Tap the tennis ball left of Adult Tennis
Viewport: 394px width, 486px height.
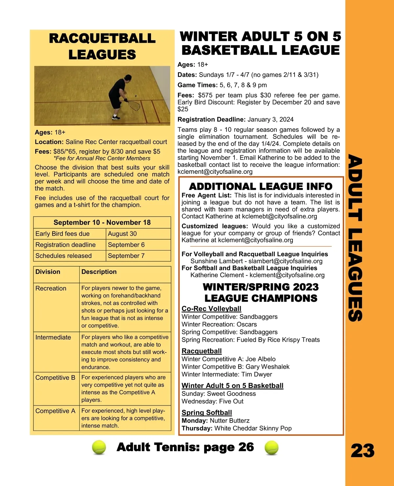99,447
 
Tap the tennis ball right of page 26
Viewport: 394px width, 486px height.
271,447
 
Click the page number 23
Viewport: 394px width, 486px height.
362,451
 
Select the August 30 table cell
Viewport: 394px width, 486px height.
122,234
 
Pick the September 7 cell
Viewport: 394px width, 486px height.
126,256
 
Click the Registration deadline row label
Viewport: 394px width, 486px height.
65,245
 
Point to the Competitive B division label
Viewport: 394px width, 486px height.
55,378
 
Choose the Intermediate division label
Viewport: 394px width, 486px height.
53,337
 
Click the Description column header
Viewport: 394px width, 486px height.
99,272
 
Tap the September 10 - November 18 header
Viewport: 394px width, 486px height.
102,222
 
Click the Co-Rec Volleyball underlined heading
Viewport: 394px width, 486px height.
211,309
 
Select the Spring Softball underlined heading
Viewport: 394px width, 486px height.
207,413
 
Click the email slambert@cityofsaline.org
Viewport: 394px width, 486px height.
285,261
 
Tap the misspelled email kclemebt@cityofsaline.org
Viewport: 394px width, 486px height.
279,216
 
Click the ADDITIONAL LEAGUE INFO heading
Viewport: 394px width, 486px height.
261,187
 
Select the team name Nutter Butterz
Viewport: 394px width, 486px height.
230,421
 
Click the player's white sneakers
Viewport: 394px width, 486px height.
115,117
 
